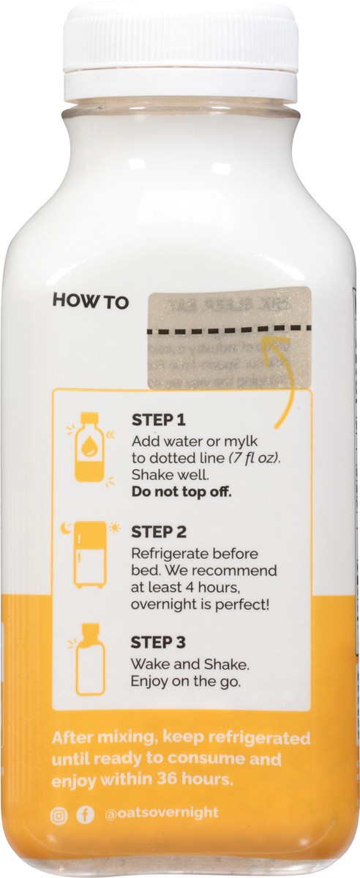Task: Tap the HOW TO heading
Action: click(x=90, y=301)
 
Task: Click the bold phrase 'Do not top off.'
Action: click(x=181, y=490)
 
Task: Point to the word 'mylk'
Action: click(x=217, y=442)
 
